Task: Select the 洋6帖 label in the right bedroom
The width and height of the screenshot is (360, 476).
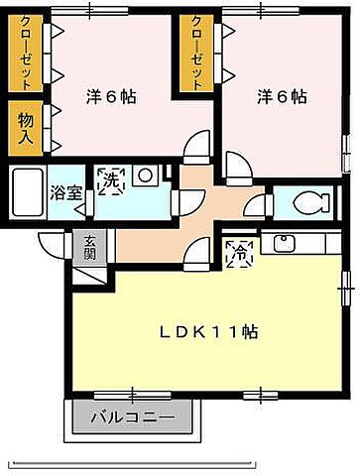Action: click(x=282, y=97)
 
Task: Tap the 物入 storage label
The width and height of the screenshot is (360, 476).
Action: click(x=28, y=127)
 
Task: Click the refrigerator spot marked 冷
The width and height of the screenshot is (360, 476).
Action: click(x=239, y=254)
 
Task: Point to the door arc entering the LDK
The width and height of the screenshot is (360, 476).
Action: click(x=199, y=254)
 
